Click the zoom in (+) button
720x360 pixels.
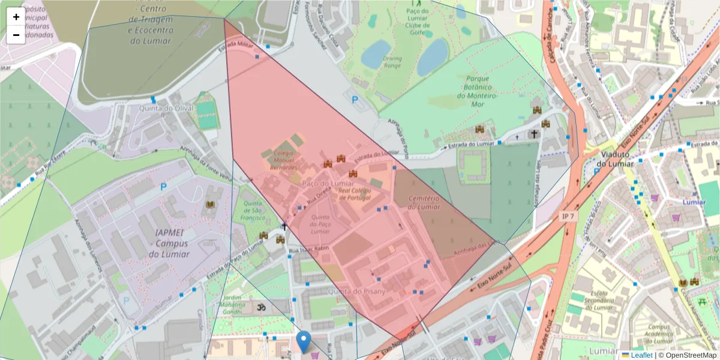(16, 17)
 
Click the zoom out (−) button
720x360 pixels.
(16, 35)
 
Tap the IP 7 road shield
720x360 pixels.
(568, 216)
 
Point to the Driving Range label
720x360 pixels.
(392, 62)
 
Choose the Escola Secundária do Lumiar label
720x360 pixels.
(601, 300)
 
